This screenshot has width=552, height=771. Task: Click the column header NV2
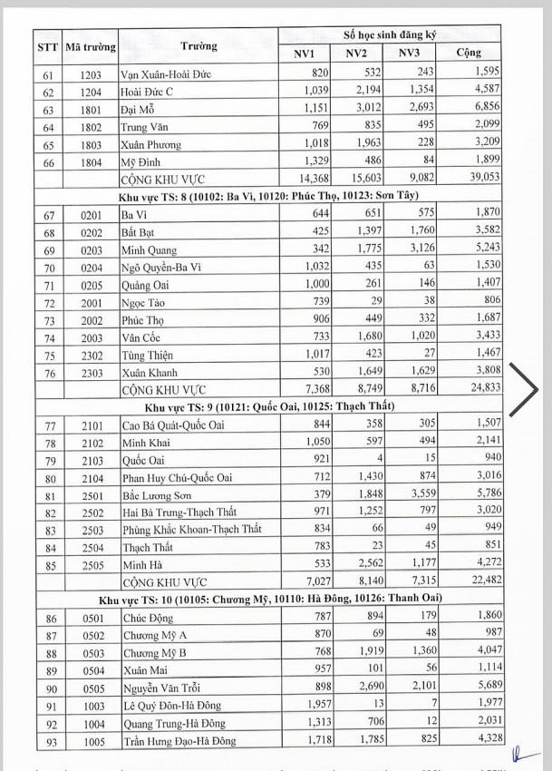pyautogui.click(x=355, y=55)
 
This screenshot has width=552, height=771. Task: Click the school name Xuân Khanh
pyautogui.click(x=150, y=370)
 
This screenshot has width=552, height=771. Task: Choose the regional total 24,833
pyautogui.click(x=480, y=387)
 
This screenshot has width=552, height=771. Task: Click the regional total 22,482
pyautogui.click(x=480, y=580)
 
